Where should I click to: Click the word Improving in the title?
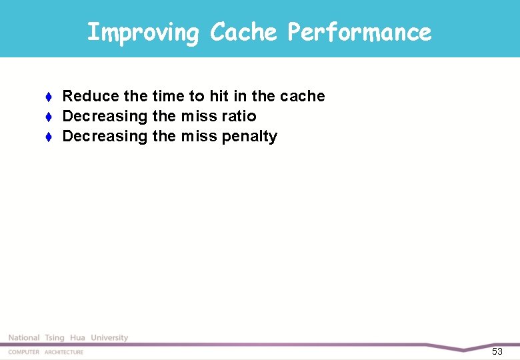click(143, 32)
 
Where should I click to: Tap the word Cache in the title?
click(243, 32)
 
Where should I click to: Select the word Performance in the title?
click(359, 32)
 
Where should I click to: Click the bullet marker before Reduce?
click(49, 97)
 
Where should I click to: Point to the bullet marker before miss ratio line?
click(49, 117)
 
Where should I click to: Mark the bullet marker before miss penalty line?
click(49, 137)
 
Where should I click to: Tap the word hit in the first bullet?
click(219, 97)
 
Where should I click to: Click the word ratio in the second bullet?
click(239, 117)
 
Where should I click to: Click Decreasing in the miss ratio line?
click(105, 117)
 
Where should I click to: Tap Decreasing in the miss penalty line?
click(105, 137)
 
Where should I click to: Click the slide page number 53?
click(497, 351)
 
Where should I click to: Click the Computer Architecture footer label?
click(46, 352)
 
